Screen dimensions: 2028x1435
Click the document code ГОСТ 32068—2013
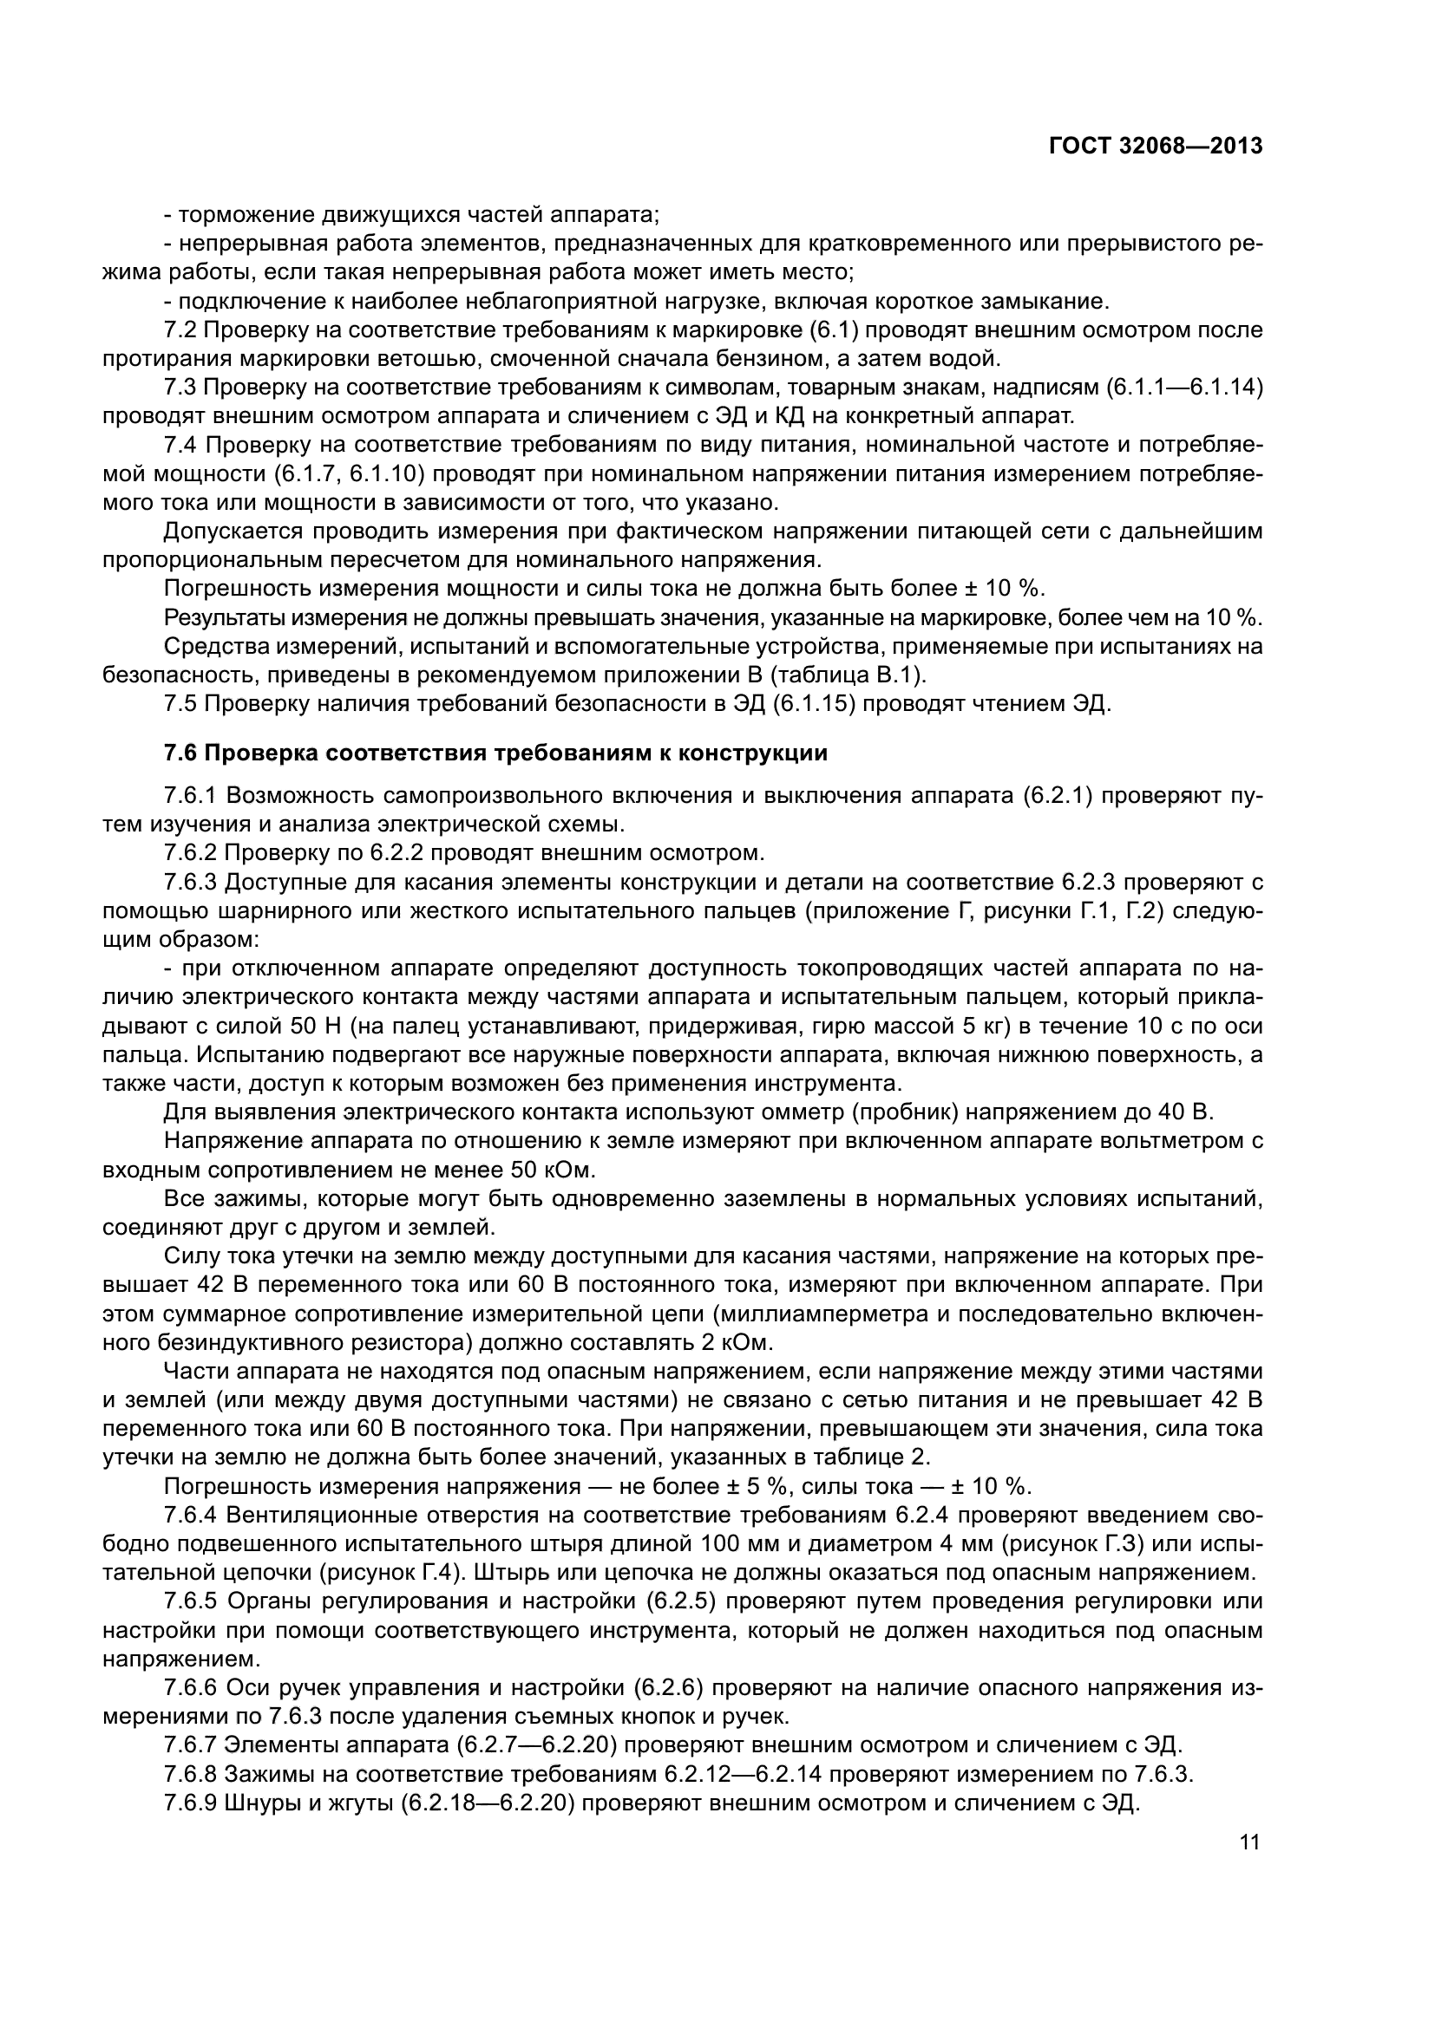coord(1155,146)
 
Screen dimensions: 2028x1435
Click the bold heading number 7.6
coord(182,753)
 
